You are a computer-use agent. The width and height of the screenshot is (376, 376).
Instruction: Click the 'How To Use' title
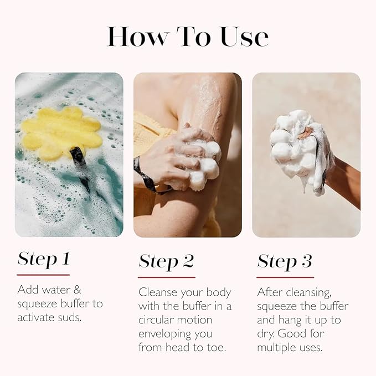coord(188,36)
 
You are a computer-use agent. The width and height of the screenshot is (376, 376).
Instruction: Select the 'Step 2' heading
coord(166,261)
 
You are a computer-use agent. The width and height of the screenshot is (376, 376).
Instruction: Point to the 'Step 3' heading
coord(285,261)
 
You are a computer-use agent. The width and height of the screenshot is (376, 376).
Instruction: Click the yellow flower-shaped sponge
coord(61,133)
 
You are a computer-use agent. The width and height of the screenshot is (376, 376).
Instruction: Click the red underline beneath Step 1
coord(43,275)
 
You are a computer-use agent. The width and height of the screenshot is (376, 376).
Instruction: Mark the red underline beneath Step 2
coord(166,277)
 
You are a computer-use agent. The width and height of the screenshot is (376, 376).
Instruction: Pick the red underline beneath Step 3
coord(285,277)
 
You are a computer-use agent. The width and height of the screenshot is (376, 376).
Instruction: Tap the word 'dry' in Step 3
coord(265,334)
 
